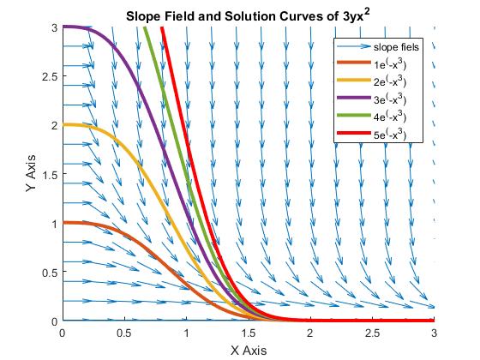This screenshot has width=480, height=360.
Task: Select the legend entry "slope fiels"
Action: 396,47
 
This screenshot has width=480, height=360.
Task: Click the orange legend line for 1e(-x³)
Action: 354,63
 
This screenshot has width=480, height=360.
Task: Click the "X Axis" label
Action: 249,351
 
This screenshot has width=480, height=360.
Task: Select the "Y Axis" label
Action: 31,173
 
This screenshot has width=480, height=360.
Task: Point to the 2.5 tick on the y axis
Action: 50,76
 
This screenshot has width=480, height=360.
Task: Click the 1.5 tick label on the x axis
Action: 249,333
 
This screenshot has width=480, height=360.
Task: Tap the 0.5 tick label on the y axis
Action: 50,272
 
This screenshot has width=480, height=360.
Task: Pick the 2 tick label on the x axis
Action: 310,333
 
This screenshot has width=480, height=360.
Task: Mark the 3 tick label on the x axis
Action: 434,333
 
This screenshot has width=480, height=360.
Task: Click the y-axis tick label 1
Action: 55,224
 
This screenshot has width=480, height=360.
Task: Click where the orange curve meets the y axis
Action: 63,223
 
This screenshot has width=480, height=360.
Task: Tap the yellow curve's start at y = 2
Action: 63,124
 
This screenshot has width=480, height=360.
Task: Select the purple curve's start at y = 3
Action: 63,27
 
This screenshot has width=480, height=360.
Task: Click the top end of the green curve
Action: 145,27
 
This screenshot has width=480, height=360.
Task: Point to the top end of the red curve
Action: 162,27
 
